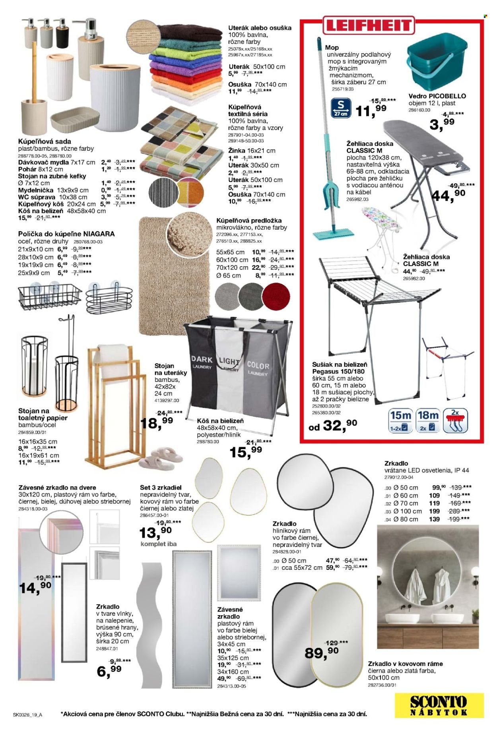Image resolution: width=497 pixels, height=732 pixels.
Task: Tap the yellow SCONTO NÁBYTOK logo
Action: (439, 705)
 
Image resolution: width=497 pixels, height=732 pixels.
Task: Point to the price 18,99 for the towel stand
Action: (157, 422)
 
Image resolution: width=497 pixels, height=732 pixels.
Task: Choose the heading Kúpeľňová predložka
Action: (246, 220)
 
